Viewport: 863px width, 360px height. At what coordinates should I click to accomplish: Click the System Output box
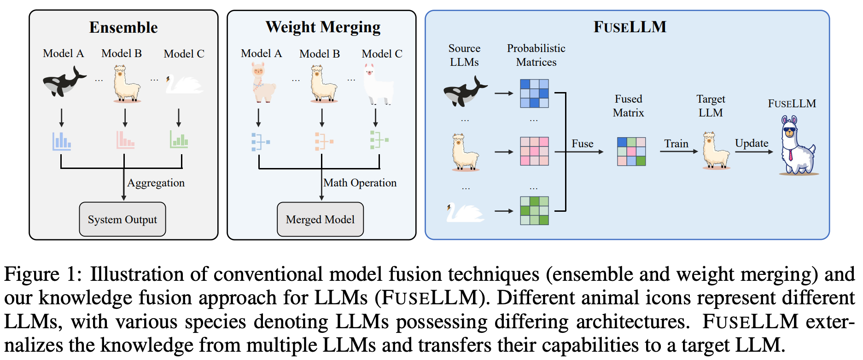coord(122,219)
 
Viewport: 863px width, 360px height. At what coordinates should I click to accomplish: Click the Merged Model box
coord(320,219)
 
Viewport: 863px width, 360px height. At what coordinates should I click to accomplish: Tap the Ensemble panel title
coord(123,28)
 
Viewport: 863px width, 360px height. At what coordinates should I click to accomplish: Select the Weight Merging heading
coord(323,27)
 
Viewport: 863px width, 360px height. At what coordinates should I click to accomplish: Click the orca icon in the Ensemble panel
coord(64,82)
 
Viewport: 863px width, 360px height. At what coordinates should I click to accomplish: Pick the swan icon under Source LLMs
coord(464,212)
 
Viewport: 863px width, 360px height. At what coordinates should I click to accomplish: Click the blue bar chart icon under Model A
coord(61,141)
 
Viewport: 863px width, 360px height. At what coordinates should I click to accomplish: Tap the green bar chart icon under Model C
coord(179,139)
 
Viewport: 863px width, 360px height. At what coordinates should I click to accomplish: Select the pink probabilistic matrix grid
coord(534,151)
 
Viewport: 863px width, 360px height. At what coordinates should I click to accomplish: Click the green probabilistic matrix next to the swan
coord(534,210)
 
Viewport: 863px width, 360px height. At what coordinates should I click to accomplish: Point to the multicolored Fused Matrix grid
coord(631,151)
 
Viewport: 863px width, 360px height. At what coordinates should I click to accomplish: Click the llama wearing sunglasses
coord(797,146)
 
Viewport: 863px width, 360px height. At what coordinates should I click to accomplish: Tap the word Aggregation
coord(156,183)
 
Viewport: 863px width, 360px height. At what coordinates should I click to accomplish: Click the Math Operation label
coord(360,183)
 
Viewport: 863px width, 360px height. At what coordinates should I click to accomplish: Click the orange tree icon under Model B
coord(324,141)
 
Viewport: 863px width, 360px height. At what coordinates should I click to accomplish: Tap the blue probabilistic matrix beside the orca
coord(534,93)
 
